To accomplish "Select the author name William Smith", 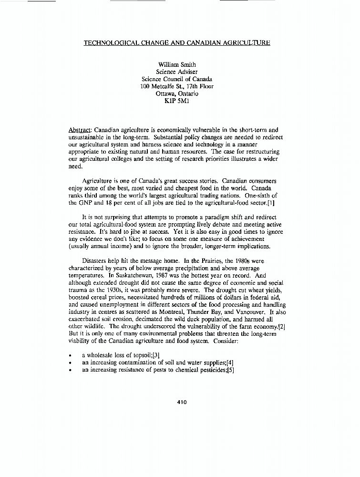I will point(177,64).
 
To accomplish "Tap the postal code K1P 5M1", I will point(177,101).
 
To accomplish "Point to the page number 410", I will point(182,402).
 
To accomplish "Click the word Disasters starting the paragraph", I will point(96,261).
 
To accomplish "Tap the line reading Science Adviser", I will point(177,72).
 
